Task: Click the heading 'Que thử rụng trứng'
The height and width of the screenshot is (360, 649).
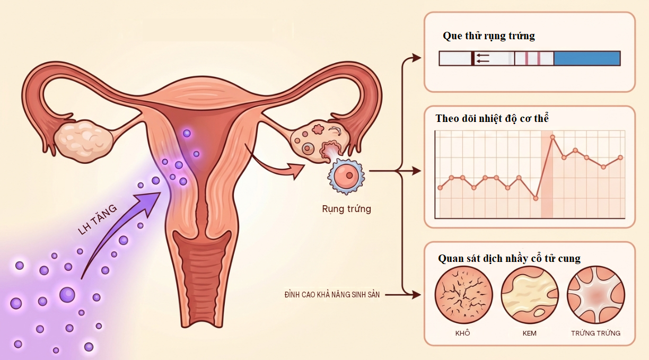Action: click(489, 36)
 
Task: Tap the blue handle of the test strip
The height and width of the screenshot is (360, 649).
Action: click(587, 58)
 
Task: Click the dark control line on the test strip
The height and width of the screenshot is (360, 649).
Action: click(472, 58)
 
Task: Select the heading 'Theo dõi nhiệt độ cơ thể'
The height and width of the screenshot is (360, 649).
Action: click(492, 118)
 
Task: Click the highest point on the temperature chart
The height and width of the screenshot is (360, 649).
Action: click(552, 137)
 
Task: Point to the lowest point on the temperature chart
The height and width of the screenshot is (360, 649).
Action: click(536, 198)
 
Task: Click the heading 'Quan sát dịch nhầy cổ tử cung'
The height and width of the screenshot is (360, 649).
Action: click(509, 258)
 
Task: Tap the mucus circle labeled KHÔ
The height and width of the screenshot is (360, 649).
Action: click(463, 295)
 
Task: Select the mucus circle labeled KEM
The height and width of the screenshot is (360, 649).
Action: click(530, 295)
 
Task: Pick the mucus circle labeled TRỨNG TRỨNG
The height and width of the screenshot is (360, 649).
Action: click(595, 295)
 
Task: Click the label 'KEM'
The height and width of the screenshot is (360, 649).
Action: click(529, 333)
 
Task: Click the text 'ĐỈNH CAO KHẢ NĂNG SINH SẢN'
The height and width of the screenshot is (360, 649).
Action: click(332, 295)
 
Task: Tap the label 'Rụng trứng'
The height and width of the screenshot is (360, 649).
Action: click(347, 209)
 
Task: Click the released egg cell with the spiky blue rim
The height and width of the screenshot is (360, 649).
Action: click(346, 176)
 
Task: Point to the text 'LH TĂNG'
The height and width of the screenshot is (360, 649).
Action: click(98, 219)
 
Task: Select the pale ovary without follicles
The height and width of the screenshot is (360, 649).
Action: click(83, 141)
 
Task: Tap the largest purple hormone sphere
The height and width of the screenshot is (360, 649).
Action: click(67, 295)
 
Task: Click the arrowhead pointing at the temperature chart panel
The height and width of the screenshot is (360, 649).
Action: click(417, 171)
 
